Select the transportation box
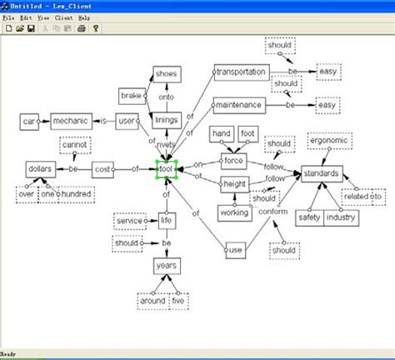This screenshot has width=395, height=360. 241,72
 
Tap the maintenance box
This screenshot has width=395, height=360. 238,106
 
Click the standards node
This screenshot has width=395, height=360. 321,173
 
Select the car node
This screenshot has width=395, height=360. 28,122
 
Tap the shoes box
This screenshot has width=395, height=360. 167,74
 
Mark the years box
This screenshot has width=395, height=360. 167,266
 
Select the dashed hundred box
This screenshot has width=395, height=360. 76,194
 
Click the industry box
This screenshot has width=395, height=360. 341,217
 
